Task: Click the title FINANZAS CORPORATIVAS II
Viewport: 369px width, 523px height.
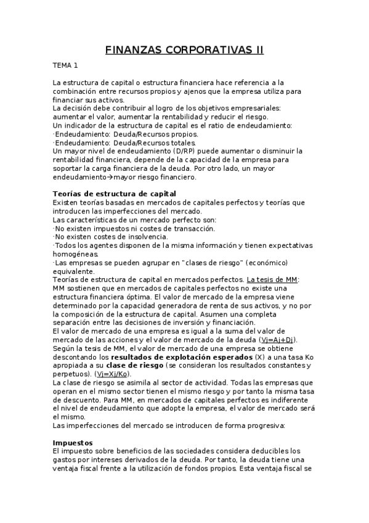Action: click(184, 50)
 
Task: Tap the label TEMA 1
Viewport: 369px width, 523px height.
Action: click(65, 65)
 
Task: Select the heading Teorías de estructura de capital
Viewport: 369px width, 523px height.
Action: click(115, 194)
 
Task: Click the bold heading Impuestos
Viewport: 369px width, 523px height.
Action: click(72, 442)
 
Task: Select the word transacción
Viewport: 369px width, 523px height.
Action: click(191, 228)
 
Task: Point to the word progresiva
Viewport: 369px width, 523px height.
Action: click(261, 425)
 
